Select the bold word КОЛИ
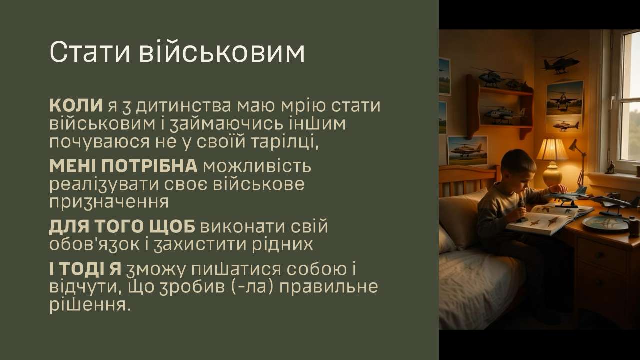[76, 105]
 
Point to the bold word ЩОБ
[172, 227]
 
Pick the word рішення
[90, 305]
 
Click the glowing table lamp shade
[552, 149]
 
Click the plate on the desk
[605, 223]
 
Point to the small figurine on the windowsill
[611, 167]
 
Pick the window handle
[613, 103]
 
